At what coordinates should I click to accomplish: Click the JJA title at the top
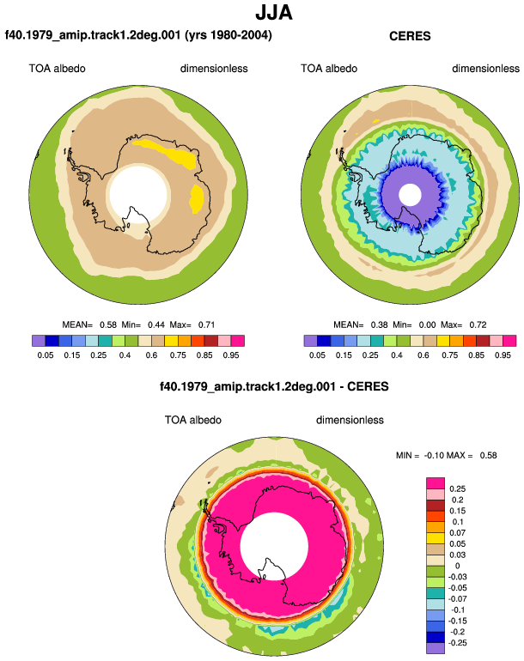[x=274, y=13]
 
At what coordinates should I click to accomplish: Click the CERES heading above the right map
[x=410, y=36]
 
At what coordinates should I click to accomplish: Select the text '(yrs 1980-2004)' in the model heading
[x=228, y=34]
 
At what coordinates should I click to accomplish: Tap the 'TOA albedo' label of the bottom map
[x=192, y=420]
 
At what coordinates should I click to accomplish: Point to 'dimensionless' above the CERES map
[x=485, y=69]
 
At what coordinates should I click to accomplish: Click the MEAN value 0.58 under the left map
[x=108, y=324]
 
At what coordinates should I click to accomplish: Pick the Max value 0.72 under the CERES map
[x=478, y=324]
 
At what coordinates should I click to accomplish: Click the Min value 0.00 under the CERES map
[x=427, y=324]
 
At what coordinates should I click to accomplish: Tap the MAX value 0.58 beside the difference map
[x=488, y=455]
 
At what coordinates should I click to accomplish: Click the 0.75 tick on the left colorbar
[x=178, y=355]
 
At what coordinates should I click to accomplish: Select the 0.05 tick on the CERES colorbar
[x=317, y=355]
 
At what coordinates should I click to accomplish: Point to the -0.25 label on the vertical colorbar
[x=458, y=643]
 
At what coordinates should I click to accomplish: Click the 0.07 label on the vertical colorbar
[x=457, y=532]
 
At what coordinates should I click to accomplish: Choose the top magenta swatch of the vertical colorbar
[x=436, y=483]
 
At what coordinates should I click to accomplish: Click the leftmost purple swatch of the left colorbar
[x=39, y=341]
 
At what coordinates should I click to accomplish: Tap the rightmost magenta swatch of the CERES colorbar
[x=509, y=341]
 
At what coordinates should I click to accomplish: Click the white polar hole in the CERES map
[x=410, y=195]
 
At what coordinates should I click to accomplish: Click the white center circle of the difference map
[x=274, y=546]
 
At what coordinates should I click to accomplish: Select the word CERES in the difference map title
[x=368, y=386]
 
